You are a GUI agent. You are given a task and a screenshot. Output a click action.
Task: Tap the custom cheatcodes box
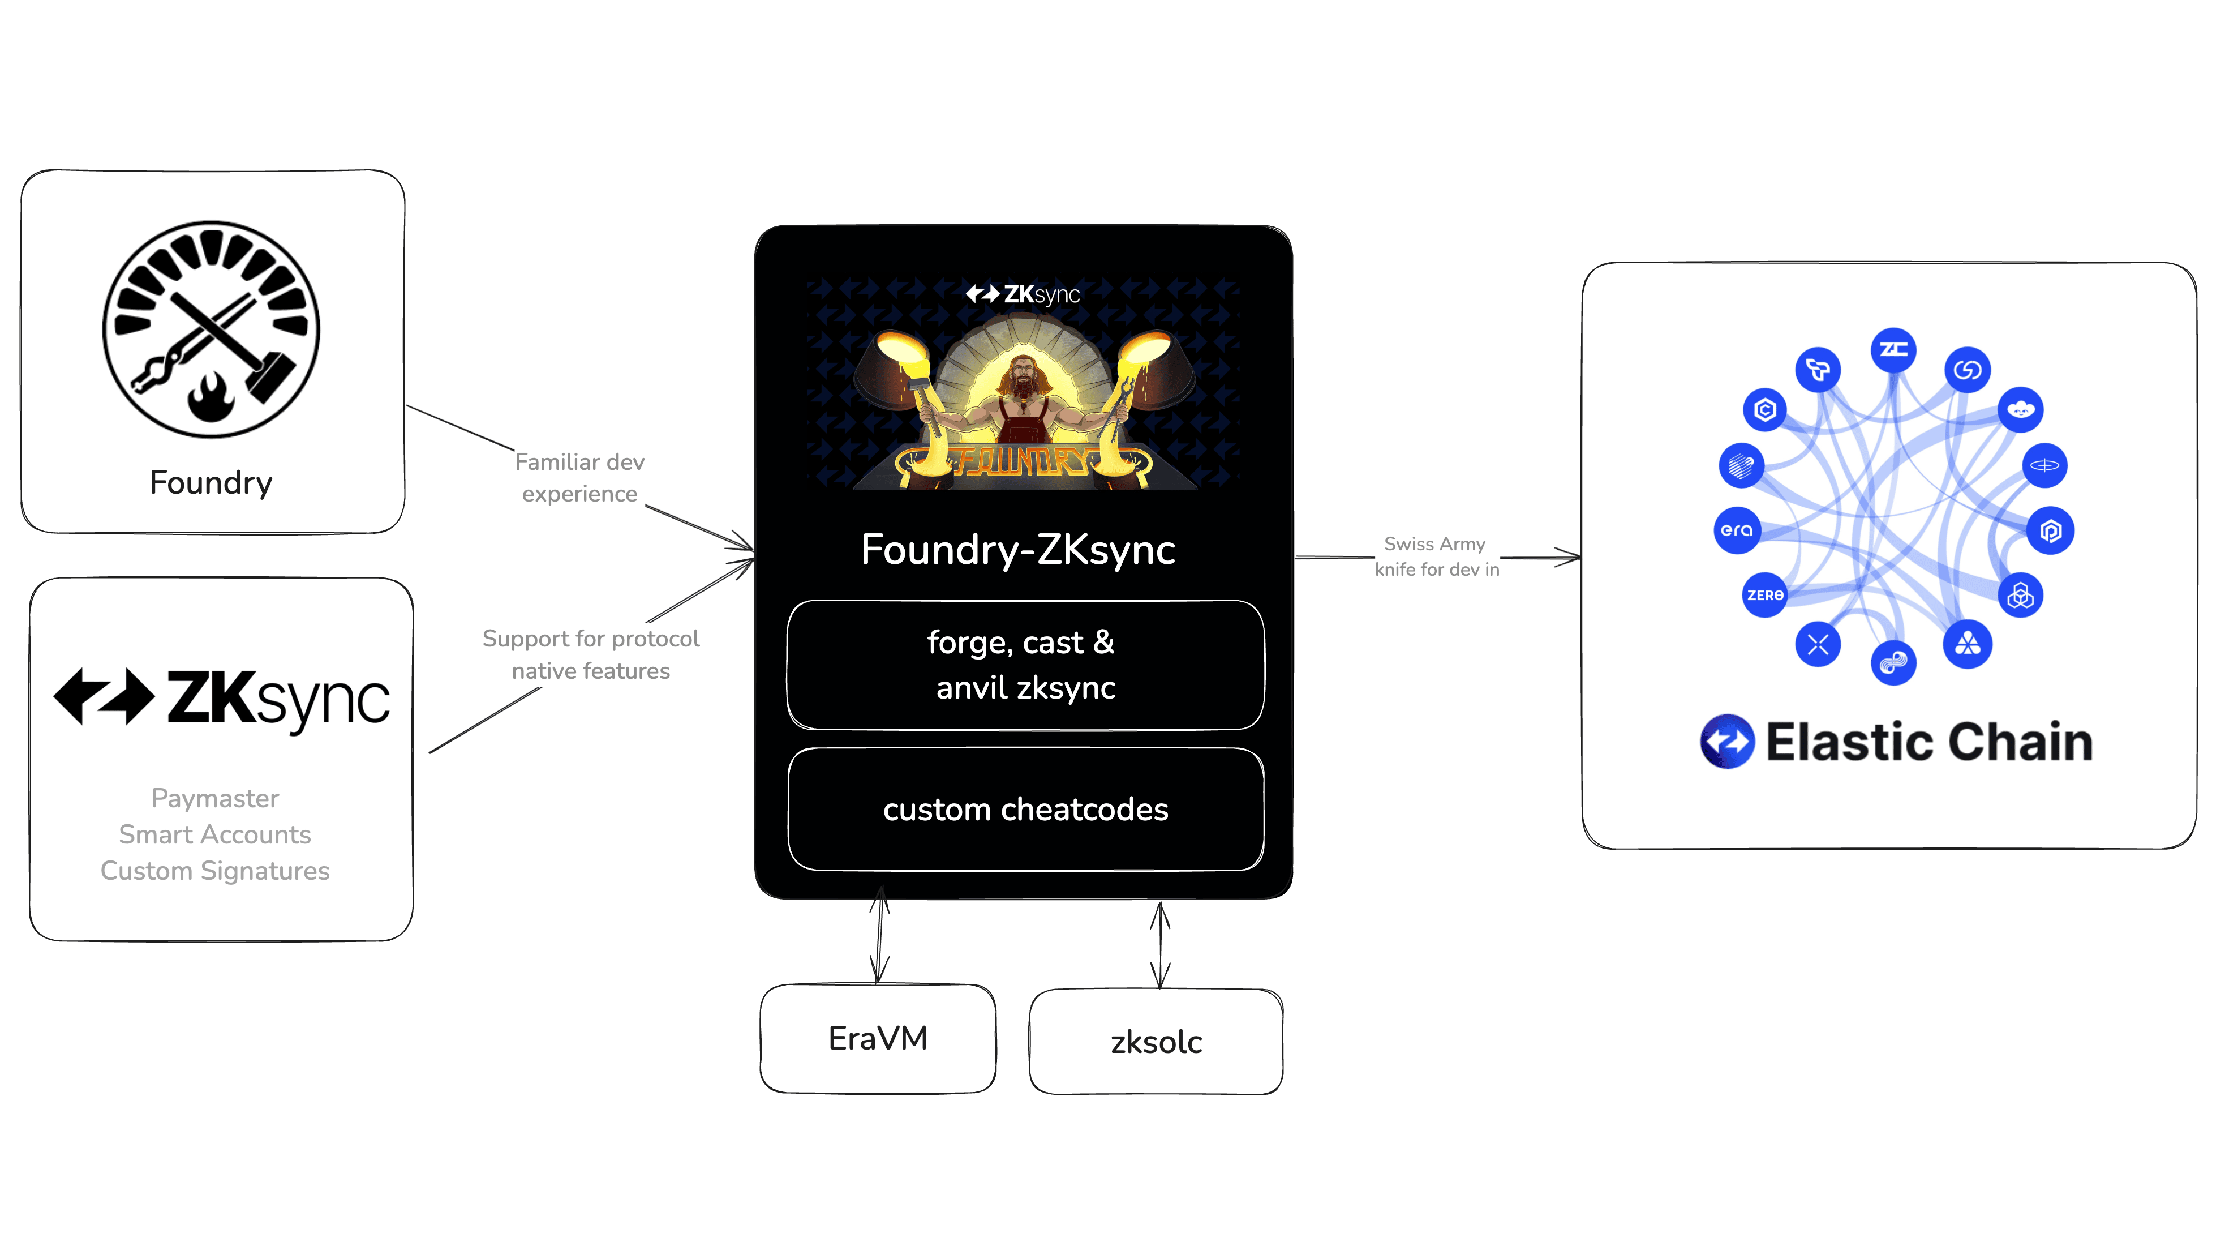[x=1025, y=810]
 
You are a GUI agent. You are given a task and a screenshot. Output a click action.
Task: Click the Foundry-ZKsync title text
[x=1017, y=550]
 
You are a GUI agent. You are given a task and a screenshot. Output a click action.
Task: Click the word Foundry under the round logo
[x=211, y=482]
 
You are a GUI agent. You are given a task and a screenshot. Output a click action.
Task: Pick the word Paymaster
[x=215, y=798]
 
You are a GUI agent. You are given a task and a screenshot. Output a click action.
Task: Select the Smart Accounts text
[x=215, y=834]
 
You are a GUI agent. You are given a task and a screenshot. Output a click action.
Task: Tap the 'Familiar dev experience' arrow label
[x=579, y=478]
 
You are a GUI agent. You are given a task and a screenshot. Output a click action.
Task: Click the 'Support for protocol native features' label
[x=591, y=654]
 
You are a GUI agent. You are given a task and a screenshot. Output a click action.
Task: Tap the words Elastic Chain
[x=1928, y=742]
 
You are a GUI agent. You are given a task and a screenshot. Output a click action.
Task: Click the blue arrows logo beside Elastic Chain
[x=1726, y=742]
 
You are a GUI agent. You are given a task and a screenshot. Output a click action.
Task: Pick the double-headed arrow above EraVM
[x=879, y=936]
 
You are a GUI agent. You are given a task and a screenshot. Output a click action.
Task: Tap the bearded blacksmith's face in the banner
[x=1023, y=376]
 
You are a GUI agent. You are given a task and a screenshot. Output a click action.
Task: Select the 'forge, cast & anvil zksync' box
[x=1025, y=665]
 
